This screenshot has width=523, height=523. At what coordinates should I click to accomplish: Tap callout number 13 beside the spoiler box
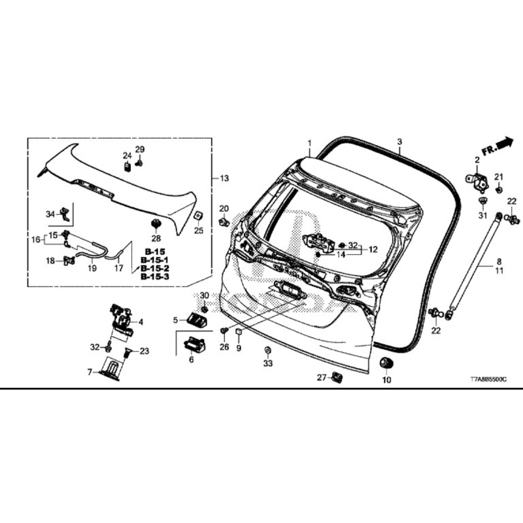[x=224, y=178]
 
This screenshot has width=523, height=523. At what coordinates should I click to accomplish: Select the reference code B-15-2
[x=154, y=268]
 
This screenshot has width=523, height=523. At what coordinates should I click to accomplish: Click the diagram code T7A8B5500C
[x=488, y=380]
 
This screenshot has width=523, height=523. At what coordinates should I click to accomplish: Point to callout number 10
[x=386, y=380]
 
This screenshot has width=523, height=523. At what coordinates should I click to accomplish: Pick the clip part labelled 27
[x=337, y=378]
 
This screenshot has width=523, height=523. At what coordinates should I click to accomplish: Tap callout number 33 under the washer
[x=268, y=363]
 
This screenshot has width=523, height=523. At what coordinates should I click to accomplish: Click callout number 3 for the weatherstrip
[x=399, y=142]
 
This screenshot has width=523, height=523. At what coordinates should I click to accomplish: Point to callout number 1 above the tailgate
[x=309, y=144]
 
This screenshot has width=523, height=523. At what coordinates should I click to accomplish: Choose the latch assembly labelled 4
[x=121, y=321]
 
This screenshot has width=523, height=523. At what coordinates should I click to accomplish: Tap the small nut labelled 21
[x=499, y=190]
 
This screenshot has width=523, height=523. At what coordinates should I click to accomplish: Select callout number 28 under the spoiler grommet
[x=156, y=238]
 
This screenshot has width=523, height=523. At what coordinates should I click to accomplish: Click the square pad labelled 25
[x=198, y=216]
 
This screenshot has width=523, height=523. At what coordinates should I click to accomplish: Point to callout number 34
[x=50, y=214]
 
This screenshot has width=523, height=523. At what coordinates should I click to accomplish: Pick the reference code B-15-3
[x=154, y=277]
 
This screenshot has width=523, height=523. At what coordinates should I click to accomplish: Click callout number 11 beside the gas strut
[x=499, y=271]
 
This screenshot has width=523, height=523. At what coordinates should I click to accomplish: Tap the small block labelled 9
[x=239, y=332]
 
